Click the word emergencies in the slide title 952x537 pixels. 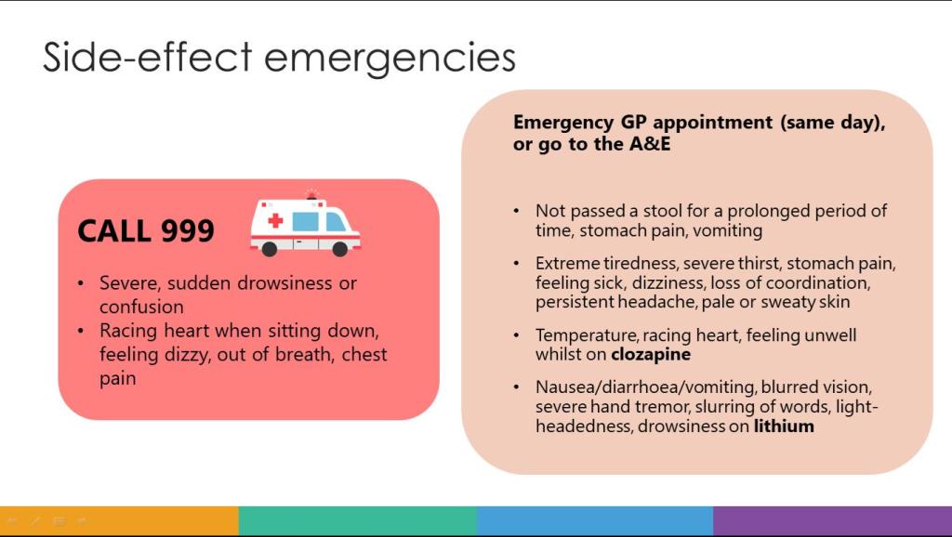coord(390,59)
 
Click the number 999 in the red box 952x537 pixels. coord(188,230)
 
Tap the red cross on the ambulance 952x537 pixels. coord(275,220)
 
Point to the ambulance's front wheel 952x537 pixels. coord(340,248)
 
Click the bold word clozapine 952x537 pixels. coord(651,355)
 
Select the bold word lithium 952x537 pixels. coord(784,426)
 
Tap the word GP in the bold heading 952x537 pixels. coord(633,122)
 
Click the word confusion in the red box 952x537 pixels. coord(141,307)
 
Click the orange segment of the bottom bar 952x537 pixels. coord(119,520)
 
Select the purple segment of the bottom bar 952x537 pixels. coord(832,520)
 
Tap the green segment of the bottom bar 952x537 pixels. coord(358,520)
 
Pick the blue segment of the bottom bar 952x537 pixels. coord(595,520)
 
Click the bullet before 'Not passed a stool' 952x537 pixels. coord(516,211)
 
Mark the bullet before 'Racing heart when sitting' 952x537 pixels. coord(81,331)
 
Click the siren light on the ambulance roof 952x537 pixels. coord(311,194)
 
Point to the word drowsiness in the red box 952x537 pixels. coord(284,283)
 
